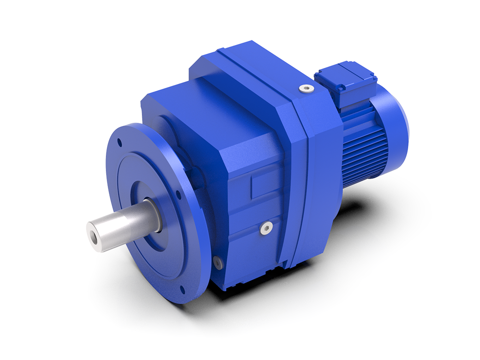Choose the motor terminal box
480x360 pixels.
[x=345, y=82]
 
